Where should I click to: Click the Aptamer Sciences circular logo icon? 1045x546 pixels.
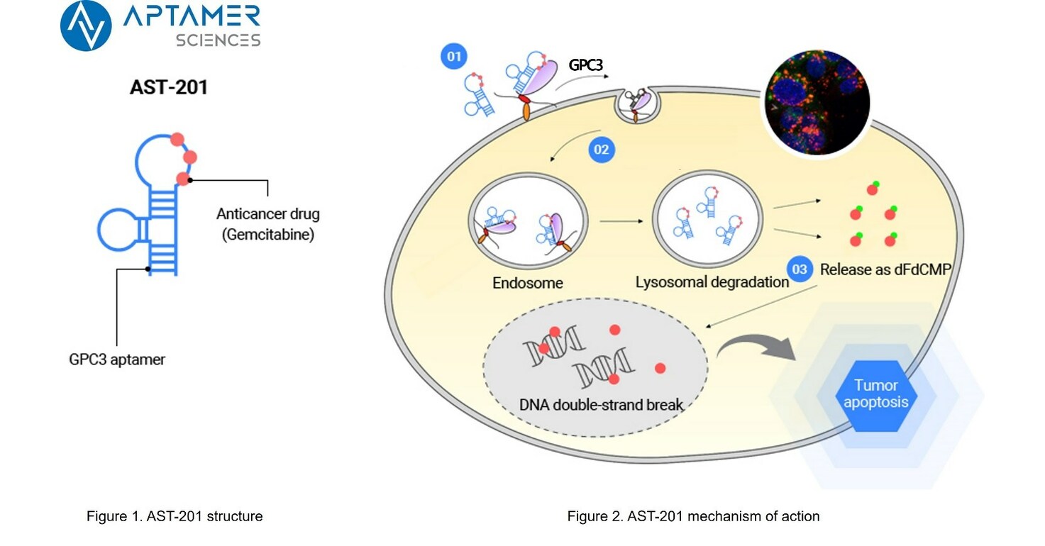click(86, 26)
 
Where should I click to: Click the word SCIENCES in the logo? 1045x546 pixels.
click(218, 40)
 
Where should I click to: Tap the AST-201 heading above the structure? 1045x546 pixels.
click(168, 88)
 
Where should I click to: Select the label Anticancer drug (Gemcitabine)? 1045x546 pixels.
click(267, 224)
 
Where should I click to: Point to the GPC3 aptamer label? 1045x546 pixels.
click(117, 360)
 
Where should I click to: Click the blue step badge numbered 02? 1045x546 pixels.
click(601, 150)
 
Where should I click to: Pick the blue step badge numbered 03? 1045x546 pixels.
click(800, 269)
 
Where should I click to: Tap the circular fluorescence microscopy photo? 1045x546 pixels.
click(816, 104)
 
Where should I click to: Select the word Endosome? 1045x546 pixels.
click(528, 283)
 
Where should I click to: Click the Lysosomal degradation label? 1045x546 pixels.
click(712, 282)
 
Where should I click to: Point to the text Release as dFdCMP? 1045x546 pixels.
click(885, 269)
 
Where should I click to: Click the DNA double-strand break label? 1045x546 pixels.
click(601, 405)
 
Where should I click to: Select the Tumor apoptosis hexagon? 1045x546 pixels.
click(876, 395)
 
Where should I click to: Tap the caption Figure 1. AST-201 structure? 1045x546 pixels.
click(175, 516)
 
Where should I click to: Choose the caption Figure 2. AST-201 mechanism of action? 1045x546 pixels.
click(693, 516)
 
